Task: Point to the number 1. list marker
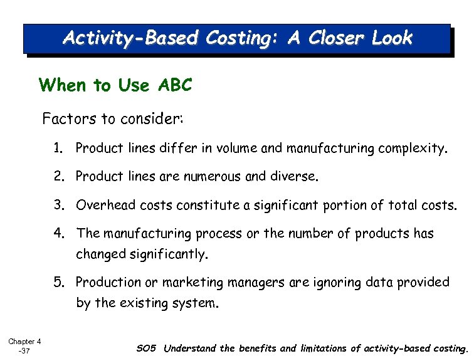coord(59,149)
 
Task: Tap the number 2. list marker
coord(60,177)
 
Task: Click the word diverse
coord(294,177)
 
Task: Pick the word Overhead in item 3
coord(104,206)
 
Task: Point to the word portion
coord(366,206)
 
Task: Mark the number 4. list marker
coord(60,234)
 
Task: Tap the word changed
coord(102,254)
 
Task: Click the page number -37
coord(24,351)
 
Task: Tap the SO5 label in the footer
coord(147,348)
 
